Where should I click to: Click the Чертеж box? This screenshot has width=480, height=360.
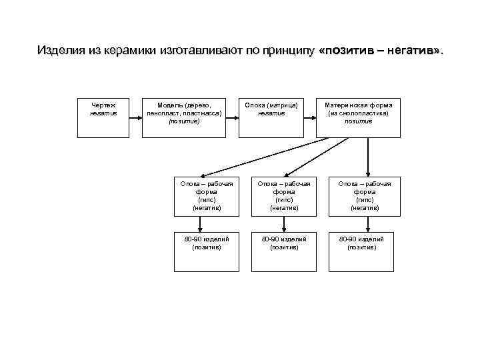[103, 118]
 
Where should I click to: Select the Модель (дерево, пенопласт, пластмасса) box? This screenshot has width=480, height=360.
[184, 118]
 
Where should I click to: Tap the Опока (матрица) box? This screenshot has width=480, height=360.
[271, 118]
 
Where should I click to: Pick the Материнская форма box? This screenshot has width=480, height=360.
[359, 118]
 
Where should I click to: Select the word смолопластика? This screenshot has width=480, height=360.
[364, 113]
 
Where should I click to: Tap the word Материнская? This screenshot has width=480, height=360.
[346, 105]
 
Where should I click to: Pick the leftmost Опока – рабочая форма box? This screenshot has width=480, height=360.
[207, 196]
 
